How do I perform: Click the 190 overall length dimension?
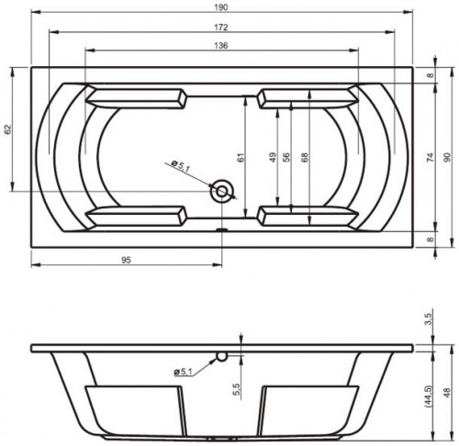click(x=221, y=7)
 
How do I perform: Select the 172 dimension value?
click(x=221, y=28)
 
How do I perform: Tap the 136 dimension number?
click(x=221, y=46)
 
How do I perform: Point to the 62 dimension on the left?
click(x=8, y=129)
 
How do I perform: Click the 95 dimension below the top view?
click(x=126, y=260)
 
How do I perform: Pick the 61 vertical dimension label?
click(x=241, y=157)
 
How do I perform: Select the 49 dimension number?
click(x=273, y=157)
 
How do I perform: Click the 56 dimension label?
click(x=286, y=157)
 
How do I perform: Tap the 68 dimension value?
click(x=305, y=157)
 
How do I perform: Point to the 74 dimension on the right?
click(x=430, y=157)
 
